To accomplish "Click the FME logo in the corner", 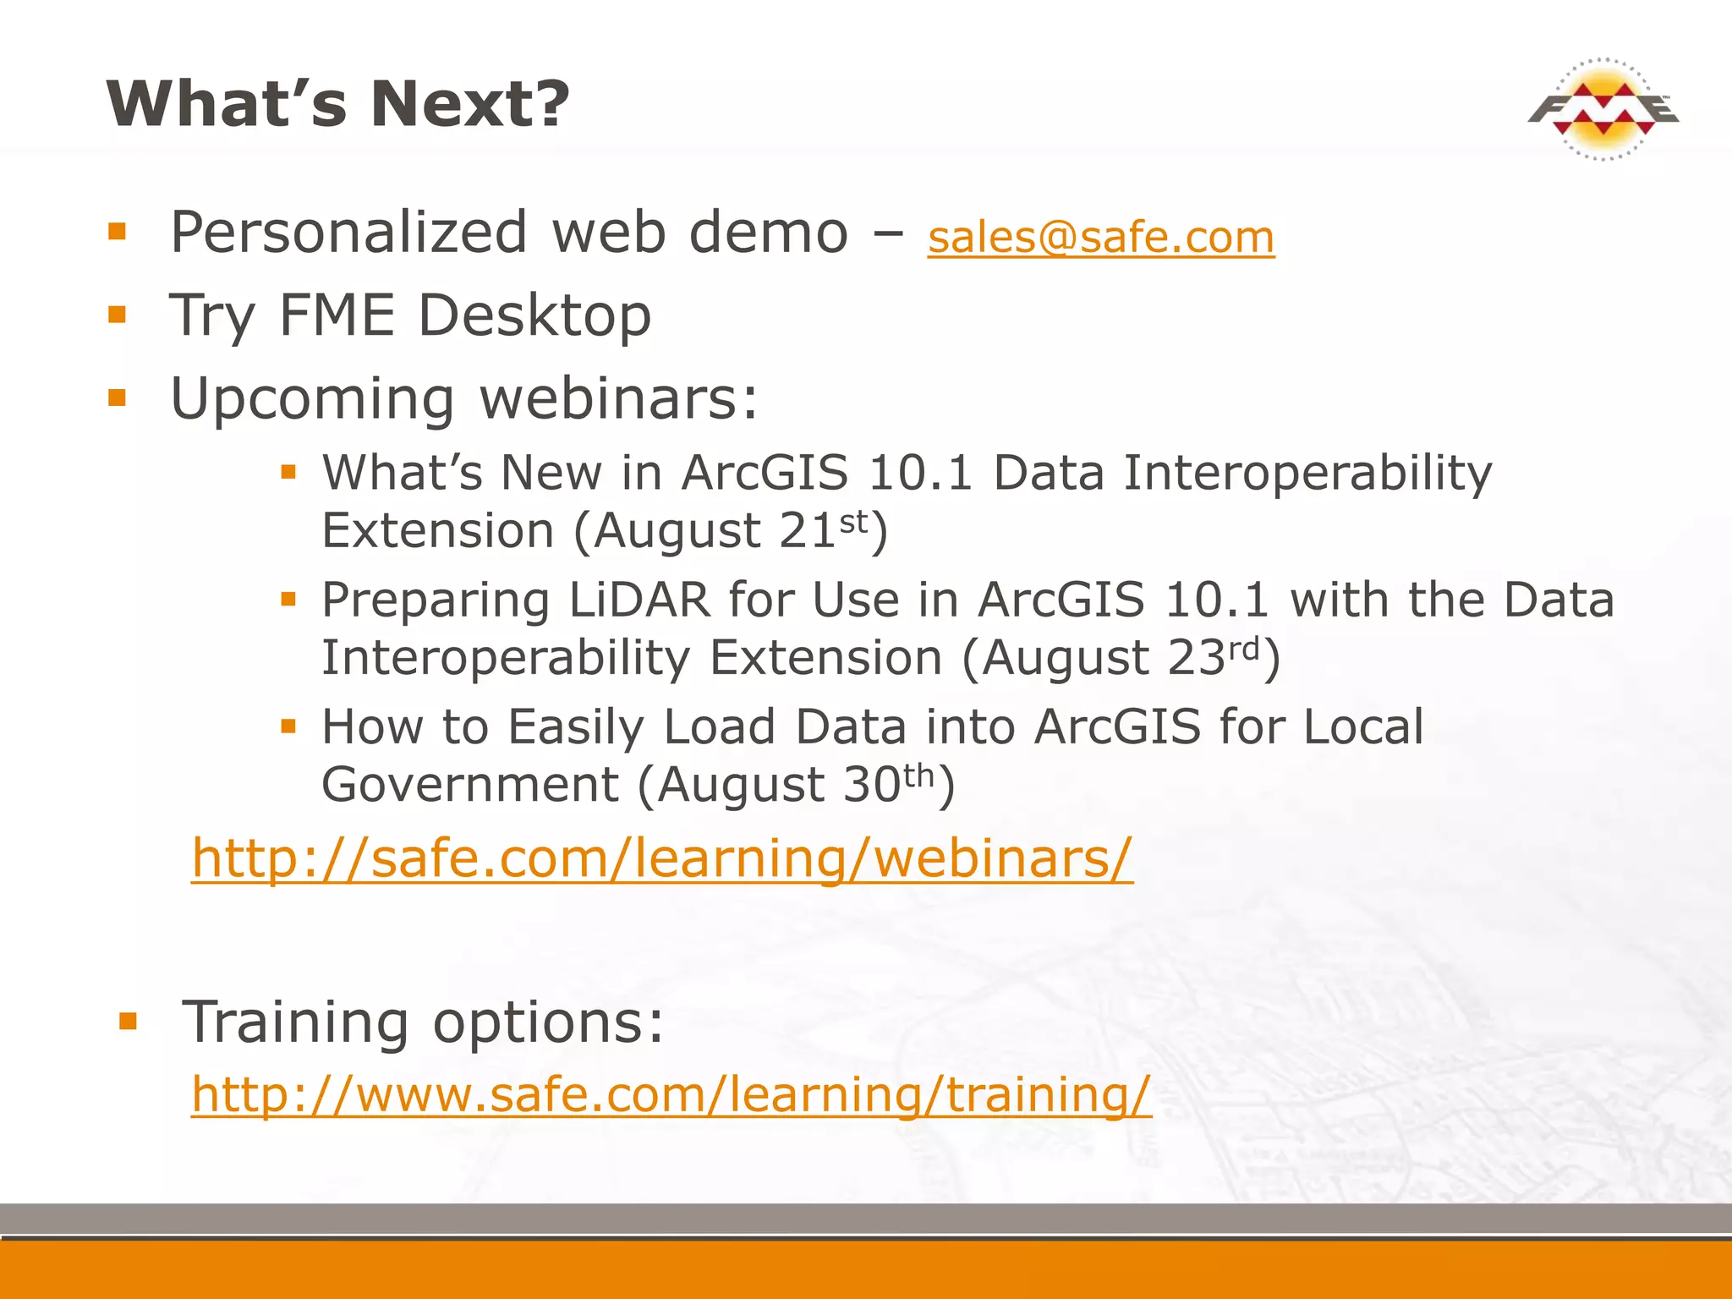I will coord(1603,110).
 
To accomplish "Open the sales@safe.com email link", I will coord(1100,238).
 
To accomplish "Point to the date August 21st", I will coord(731,531).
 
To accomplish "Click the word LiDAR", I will coord(639,600).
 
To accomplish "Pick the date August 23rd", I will coord(1121,658).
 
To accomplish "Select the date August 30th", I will coord(796,785).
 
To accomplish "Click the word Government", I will coord(470,785).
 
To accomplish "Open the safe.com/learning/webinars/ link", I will coord(661,858).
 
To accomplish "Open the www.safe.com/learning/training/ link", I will coord(671,1094).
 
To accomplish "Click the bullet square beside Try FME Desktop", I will coord(118,315).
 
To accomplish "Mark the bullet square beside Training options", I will coord(129,1022).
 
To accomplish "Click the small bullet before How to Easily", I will coord(289,726).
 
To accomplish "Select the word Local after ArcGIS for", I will coord(1362,727).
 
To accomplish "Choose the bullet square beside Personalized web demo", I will coord(118,232).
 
